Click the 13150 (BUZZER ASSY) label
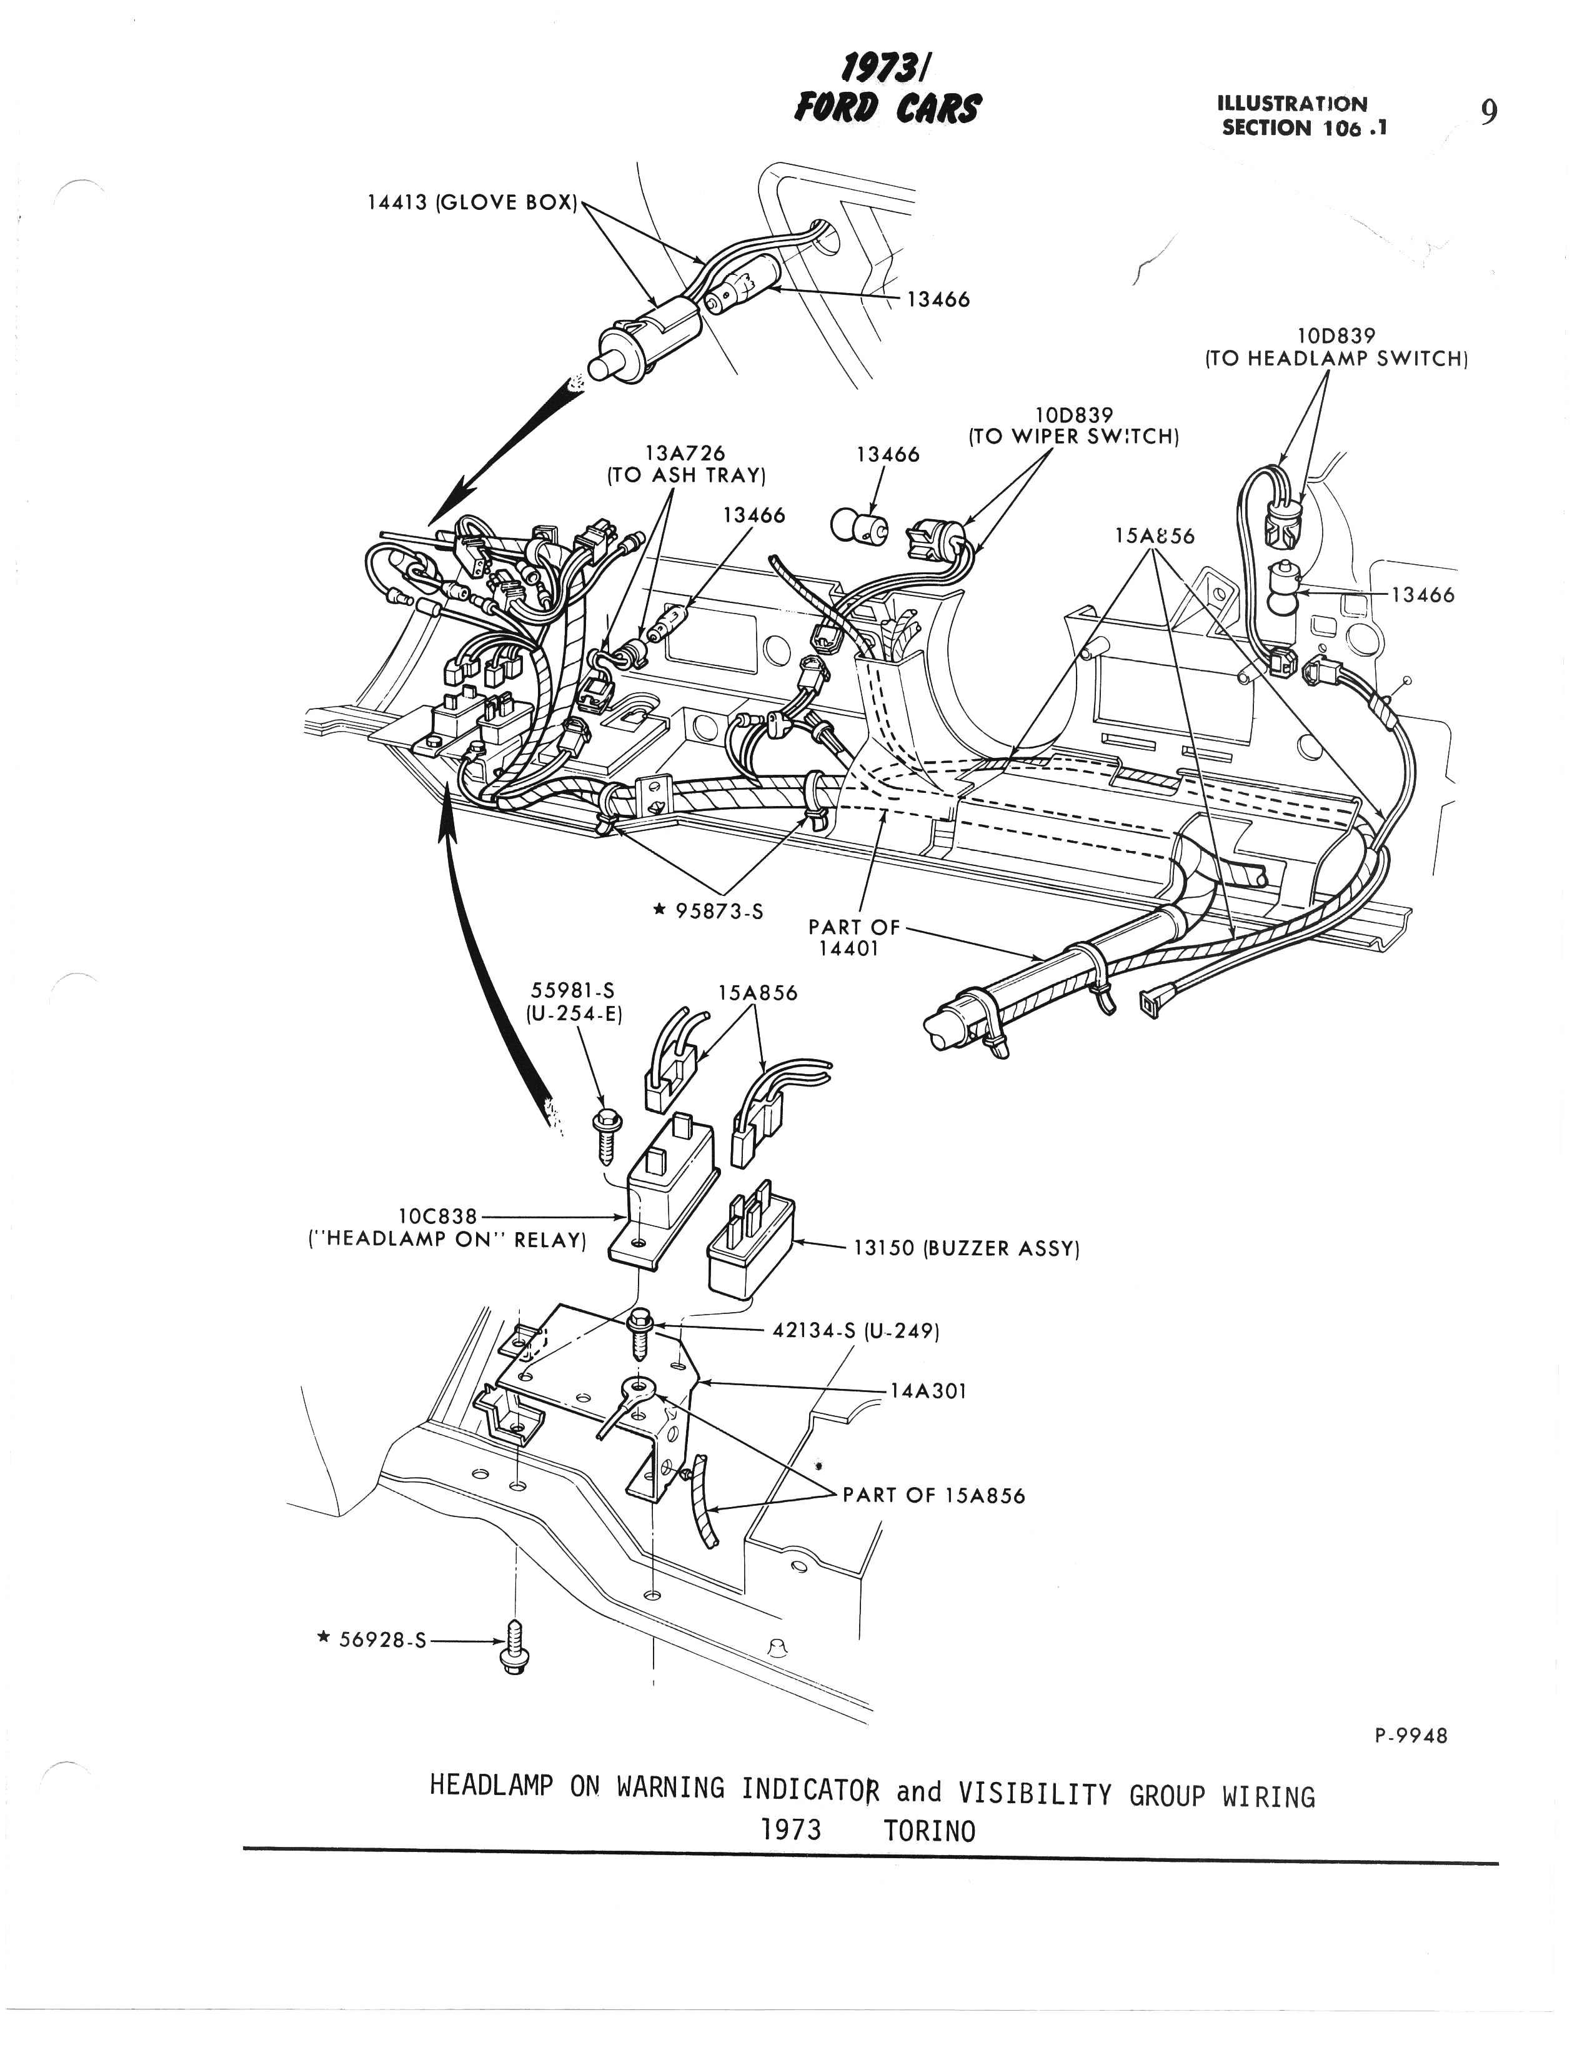point(965,1248)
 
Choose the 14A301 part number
point(928,1390)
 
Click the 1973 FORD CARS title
point(887,91)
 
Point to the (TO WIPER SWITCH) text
point(1073,437)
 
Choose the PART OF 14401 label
point(853,937)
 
